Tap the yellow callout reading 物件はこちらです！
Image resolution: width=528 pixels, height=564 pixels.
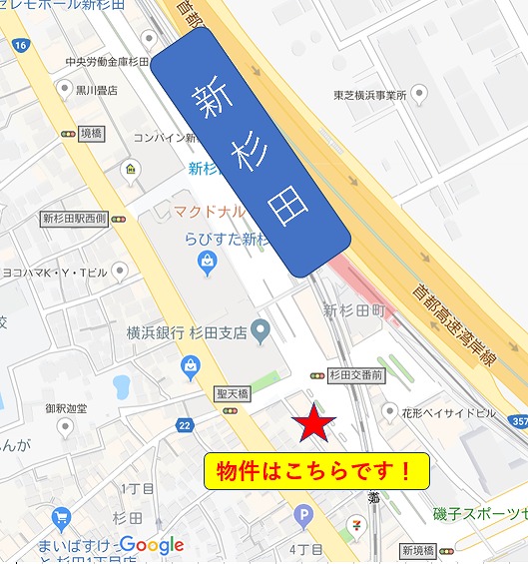[x=315, y=471]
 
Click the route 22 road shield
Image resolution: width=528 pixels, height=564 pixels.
[x=185, y=425]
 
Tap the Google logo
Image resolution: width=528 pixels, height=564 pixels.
[x=152, y=545]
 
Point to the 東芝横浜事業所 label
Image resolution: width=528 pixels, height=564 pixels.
[x=369, y=96]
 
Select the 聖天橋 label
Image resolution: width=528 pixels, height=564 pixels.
[x=231, y=395]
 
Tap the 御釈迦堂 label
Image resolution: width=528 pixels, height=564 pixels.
[x=66, y=409]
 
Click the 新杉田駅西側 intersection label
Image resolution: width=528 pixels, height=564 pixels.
[x=74, y=219]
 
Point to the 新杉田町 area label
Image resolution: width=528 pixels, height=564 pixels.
[x=353, y=310]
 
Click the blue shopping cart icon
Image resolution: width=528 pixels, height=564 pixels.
[x=62, y=517]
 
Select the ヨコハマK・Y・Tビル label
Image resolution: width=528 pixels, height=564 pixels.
[x=55, y=271]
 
